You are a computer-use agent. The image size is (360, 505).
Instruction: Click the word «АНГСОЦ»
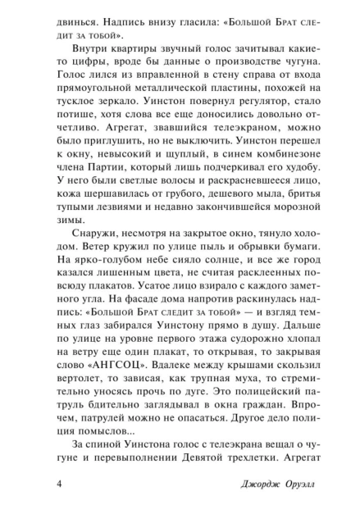pyautogui.click(x=86, y=363)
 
